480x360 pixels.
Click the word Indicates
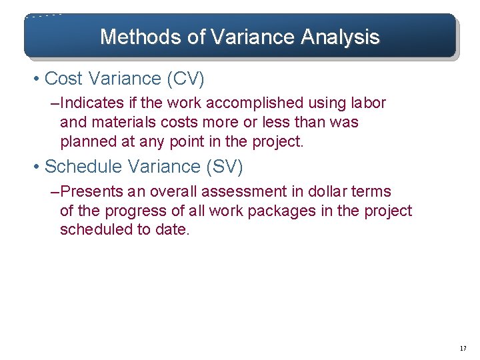point(92,103)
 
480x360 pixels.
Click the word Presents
point(91,192)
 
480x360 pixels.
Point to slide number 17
point(463,349)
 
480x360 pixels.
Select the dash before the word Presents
point(55,192)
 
